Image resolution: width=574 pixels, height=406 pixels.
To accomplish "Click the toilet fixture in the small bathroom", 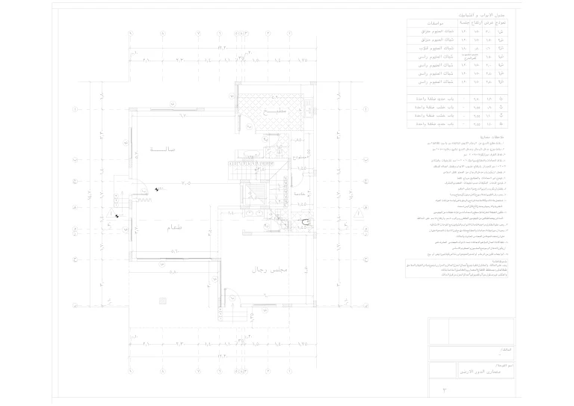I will (x=303, y=223).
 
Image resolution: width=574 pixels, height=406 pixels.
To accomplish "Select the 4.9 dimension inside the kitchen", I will (x=273, y=98).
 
